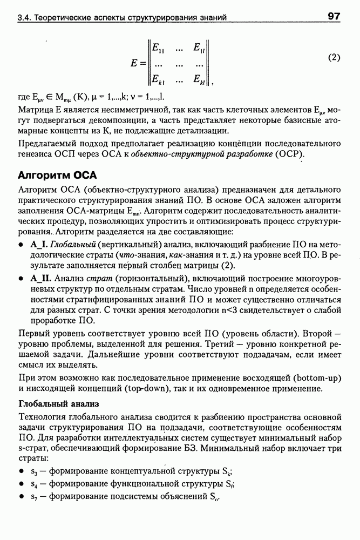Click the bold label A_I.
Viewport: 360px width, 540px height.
(x=40, y=245)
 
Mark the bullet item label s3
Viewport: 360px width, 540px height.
(x=34, y=470)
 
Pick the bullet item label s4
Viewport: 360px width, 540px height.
(x=34, y=483)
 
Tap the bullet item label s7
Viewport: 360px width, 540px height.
(x=34, y=496)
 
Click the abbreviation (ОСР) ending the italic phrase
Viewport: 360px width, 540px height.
(x=292, y=154)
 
